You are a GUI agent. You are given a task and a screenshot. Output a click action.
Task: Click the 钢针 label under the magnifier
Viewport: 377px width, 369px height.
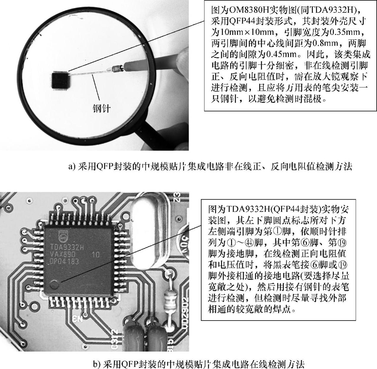point(101,108)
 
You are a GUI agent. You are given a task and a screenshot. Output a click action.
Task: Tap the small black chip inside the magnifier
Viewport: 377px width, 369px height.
point(60,81)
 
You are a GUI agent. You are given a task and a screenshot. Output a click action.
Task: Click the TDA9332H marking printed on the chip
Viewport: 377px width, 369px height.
point(67,247)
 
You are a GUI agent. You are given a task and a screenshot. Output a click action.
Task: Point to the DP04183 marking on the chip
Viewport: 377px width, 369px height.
point(64,261)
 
